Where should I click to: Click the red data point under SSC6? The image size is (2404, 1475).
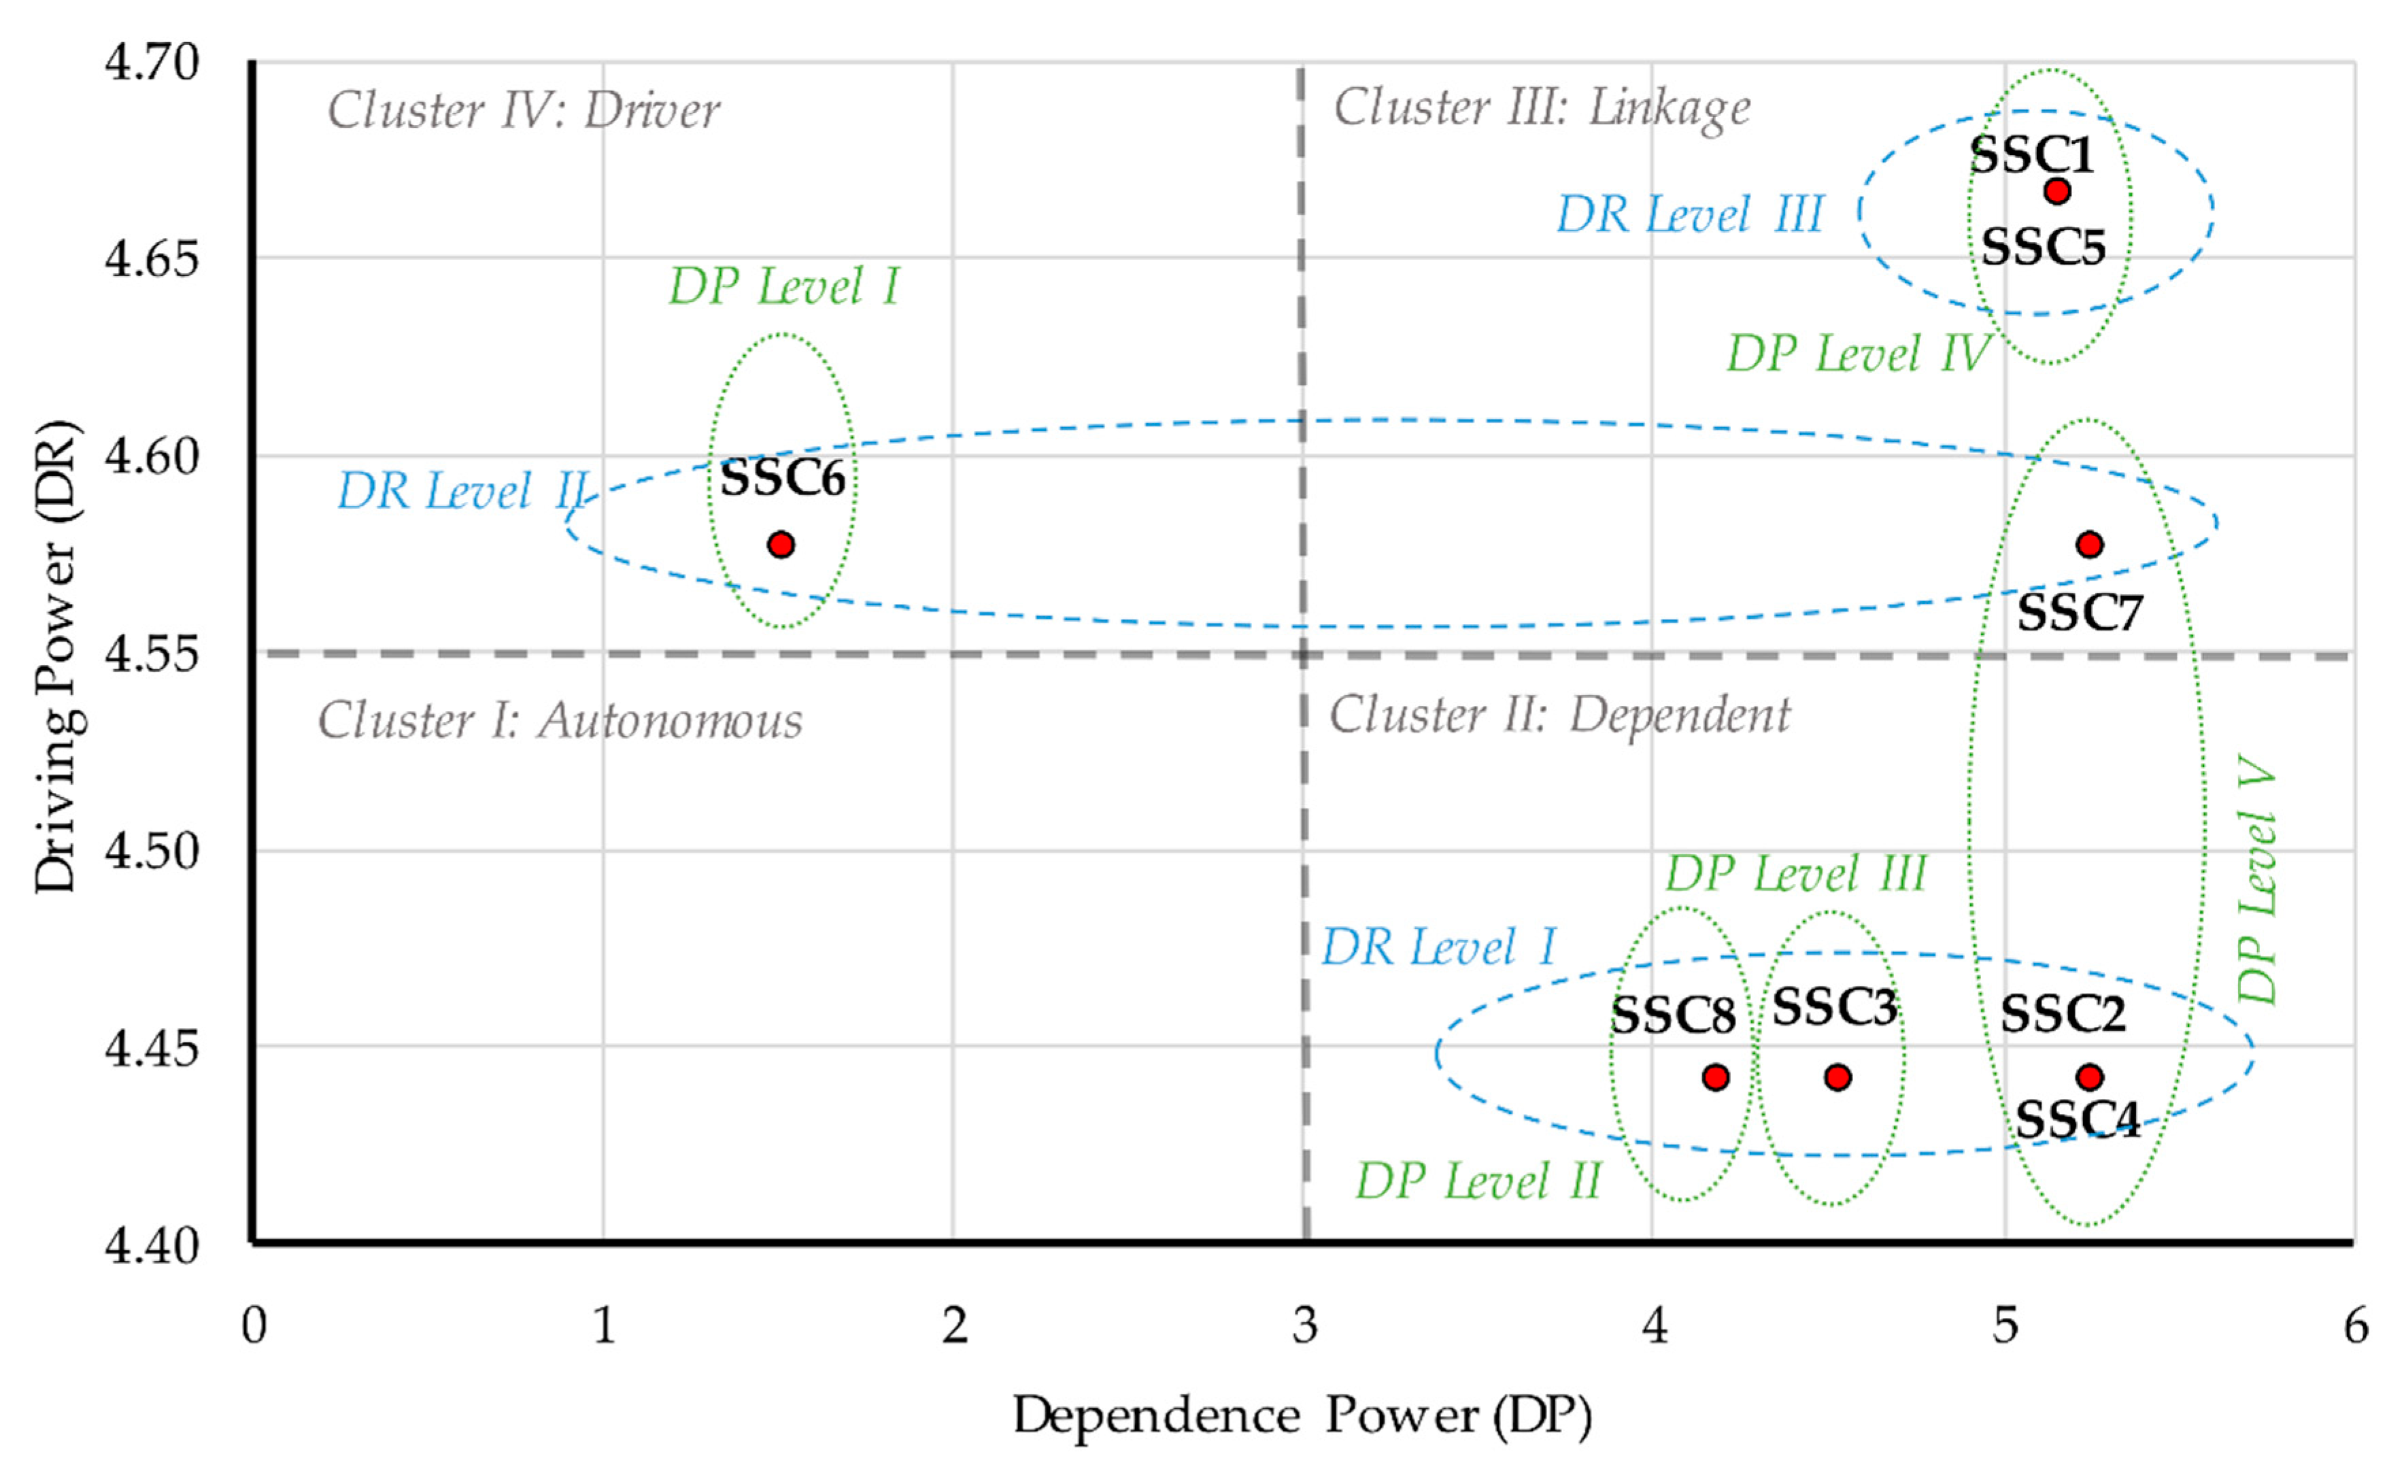(781, 544)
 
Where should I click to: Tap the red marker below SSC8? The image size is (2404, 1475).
(1715, 1077)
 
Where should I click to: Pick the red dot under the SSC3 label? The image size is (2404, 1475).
(1837, 1077)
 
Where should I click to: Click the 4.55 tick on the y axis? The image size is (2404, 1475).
(151, 654)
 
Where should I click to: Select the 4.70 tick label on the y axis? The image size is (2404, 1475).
(151, 63)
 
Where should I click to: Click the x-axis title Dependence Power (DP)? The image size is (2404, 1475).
(1302, 1415)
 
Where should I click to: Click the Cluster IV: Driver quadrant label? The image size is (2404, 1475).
(523, 109)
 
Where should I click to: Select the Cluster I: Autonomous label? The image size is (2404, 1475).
(559, 721)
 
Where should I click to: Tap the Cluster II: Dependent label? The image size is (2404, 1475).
(1559, 715)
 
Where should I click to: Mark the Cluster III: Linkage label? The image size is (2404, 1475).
(1542, 107)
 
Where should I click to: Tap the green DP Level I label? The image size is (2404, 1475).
(783, 286)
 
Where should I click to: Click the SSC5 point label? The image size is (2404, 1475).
(2043, 247)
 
